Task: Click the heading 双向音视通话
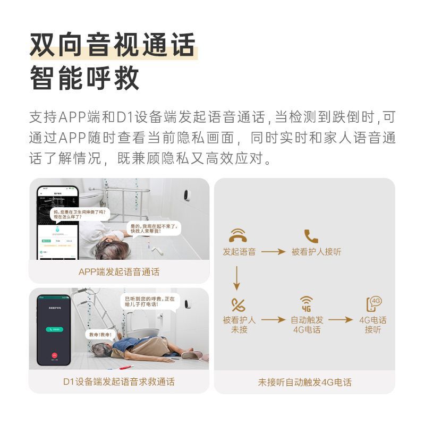[113, 45]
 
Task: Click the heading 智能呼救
[84, 78]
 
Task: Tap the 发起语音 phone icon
[238, 235]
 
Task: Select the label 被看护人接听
[316, 251]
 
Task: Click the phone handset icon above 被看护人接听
[311, 236]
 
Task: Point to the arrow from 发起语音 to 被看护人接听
[273, 251]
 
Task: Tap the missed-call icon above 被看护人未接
[239, 305]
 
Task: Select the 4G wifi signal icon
[307, 303]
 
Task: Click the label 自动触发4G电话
[307, 325]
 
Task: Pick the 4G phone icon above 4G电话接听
[373, 303]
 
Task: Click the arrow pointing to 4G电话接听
[340, 320]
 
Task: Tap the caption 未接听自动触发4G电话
[304, 382]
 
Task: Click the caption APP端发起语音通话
[119, 271]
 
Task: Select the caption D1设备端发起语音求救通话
[119, 381]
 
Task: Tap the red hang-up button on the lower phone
[54, 355]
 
